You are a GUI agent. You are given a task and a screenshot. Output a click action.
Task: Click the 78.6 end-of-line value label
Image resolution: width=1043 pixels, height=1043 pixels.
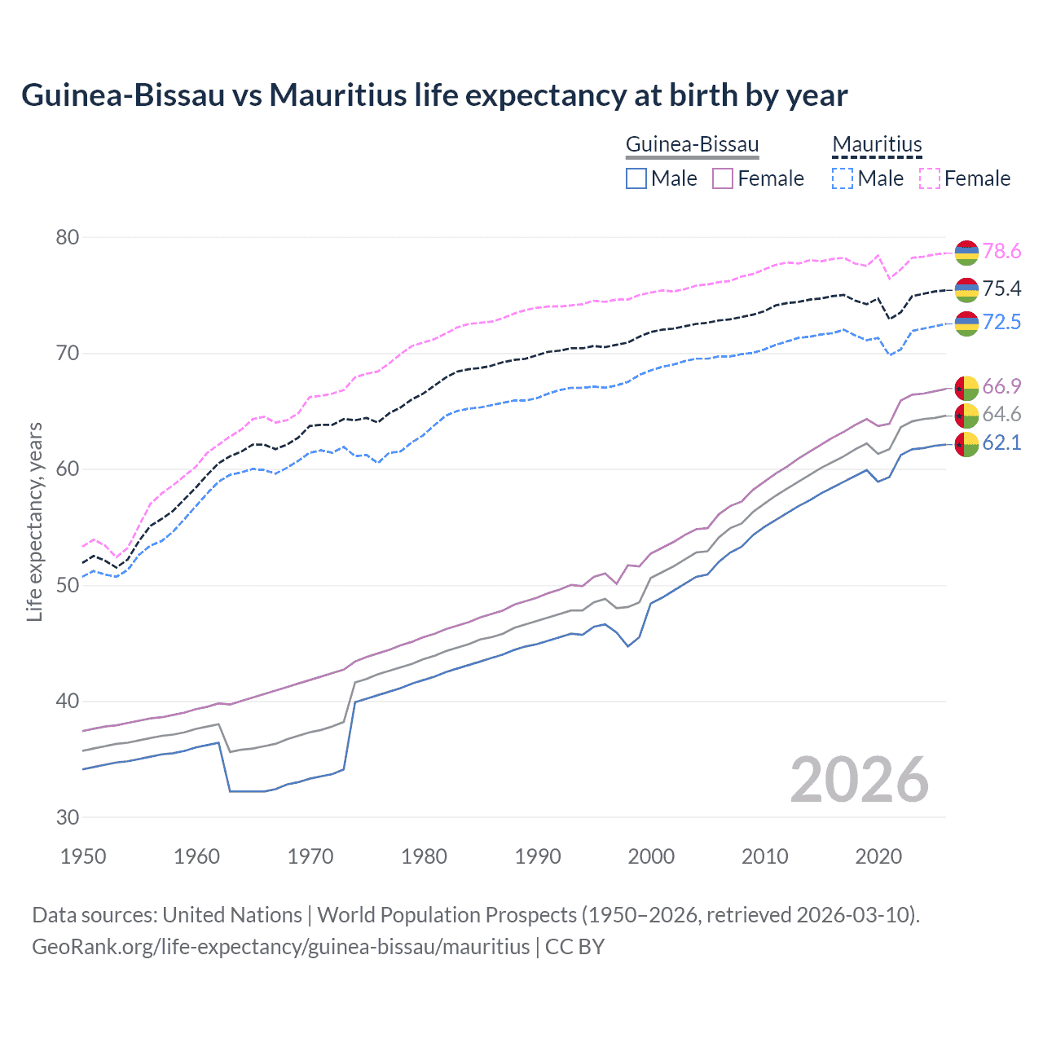1001,252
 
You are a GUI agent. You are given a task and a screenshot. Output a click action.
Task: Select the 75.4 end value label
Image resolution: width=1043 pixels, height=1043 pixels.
1001,289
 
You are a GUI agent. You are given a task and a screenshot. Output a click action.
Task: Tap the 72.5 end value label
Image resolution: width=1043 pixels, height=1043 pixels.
1001,323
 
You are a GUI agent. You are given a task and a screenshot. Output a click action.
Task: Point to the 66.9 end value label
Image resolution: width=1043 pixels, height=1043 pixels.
1001,386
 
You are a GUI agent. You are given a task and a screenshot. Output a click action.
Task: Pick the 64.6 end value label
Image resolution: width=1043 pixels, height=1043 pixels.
1001,415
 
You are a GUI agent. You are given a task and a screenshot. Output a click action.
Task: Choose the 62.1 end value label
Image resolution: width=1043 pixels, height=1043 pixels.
1001,443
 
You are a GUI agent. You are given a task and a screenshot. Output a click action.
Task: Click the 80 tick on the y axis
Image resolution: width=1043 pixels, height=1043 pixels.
67,238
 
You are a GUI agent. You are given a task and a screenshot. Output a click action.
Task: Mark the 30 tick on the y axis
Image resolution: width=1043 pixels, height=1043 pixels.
67,817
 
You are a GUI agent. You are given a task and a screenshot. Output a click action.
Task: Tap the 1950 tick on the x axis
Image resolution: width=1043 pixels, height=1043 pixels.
83,856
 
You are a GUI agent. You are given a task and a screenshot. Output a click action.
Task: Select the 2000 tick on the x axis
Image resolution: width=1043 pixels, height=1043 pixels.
651,856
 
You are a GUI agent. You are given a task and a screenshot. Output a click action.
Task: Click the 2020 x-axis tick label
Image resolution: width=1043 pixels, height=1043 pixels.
878,856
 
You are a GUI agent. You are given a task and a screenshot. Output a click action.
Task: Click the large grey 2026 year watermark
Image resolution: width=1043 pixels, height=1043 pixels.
859,780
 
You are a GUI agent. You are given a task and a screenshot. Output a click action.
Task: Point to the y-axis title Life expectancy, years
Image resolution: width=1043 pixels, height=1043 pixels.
35,521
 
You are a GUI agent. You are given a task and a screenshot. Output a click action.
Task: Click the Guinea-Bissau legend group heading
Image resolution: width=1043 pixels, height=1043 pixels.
692,145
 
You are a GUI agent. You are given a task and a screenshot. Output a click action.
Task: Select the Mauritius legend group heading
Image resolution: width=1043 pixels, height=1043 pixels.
877,145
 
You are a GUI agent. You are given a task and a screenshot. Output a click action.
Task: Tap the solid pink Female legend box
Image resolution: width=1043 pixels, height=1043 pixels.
723,178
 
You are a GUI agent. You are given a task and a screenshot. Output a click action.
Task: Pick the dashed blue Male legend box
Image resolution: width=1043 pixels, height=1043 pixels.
843,178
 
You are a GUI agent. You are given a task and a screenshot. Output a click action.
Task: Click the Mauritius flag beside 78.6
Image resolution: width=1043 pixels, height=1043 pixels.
966,253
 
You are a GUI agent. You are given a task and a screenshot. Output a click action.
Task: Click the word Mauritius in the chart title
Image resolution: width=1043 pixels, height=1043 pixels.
337,95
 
